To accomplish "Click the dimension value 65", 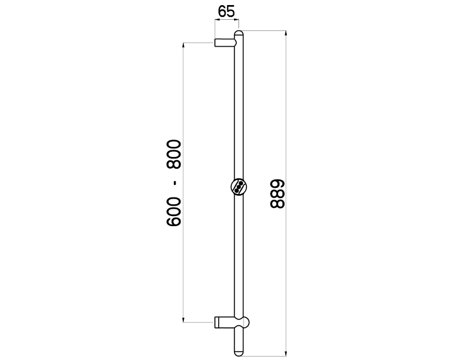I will point(226,11).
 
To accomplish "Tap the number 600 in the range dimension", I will point(174,213).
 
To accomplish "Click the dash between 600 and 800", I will point(175,183).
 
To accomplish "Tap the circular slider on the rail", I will point(238,187).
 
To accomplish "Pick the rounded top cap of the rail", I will point(239,35).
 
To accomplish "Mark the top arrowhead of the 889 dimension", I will point(286,34).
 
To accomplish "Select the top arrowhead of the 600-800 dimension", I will point(183,44).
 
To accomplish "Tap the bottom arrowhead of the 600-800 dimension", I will point(183,320).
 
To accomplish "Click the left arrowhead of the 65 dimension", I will point(216,21).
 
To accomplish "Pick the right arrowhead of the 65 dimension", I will point(238,21).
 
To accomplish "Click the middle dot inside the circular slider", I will point(239,187).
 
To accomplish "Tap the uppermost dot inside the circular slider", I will point(242,183).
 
